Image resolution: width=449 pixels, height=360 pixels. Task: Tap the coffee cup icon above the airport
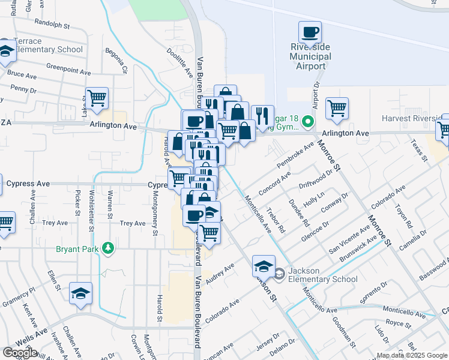310,32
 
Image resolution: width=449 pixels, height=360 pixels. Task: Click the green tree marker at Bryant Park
108,248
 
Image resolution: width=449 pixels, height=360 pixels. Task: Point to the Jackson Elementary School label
323,275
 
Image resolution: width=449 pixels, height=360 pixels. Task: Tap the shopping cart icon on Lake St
97,98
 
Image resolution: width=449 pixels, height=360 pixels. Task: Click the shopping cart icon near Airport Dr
337,109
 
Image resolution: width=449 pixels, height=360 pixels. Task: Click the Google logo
20,353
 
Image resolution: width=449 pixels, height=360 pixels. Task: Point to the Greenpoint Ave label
67,68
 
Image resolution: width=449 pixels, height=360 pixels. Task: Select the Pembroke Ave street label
296,154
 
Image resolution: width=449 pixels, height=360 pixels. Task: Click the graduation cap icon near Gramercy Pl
80,293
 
